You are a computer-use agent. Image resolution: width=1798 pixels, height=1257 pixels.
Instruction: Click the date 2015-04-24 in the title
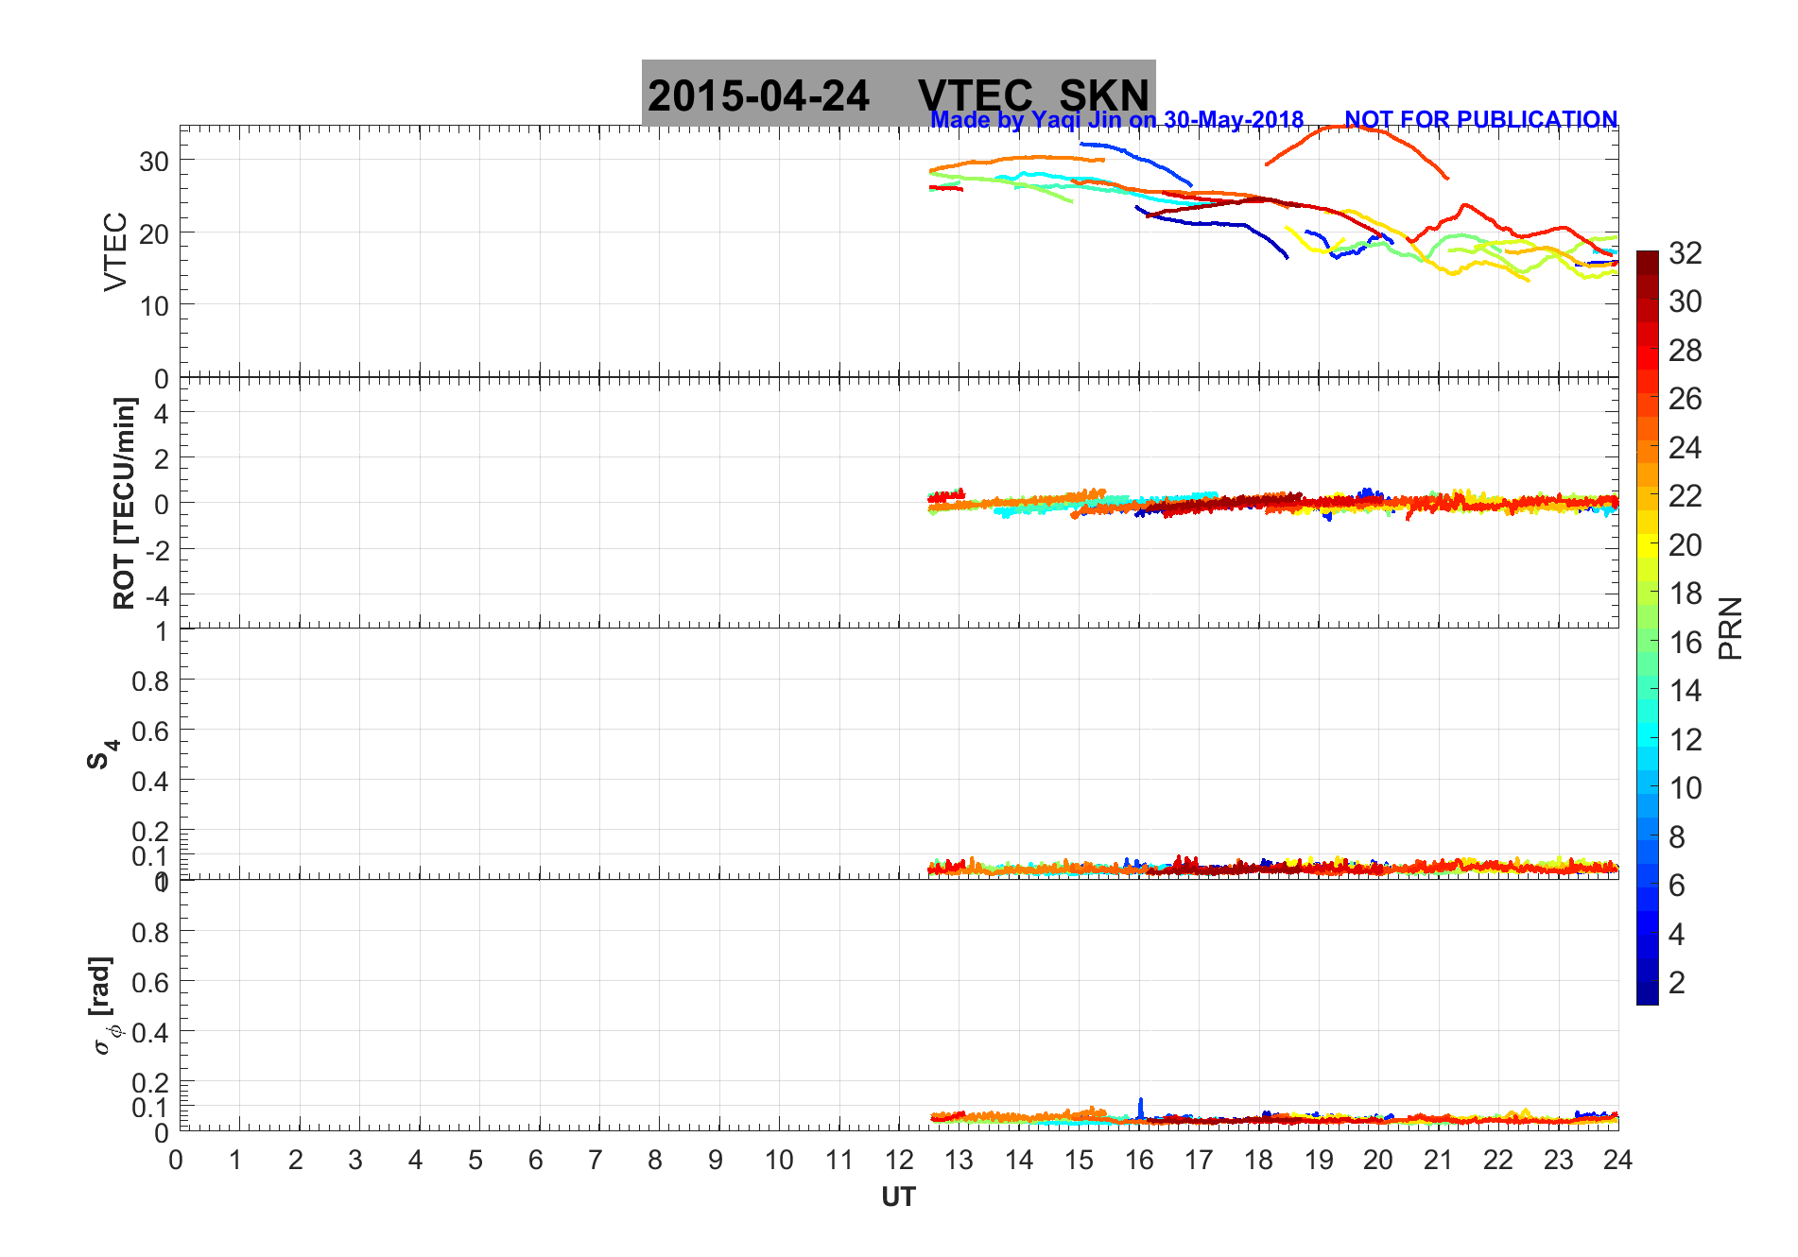pyautogui.click(x=758, y=95)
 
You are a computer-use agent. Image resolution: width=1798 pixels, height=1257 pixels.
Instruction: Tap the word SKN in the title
pyautogui.click(x=1104, y=95)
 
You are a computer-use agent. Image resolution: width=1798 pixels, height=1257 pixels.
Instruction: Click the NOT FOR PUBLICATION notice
pyautogui.click(x=1480, y=120)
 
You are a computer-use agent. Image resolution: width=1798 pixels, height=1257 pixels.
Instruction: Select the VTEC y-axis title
pyautogui.click(x=115, y=251)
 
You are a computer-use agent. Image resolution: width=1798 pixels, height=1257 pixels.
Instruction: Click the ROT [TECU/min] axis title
pyautogui.click(x=124, y=503)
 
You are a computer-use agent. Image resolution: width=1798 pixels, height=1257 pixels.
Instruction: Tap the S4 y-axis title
pyautogui.click(x=102, y=754)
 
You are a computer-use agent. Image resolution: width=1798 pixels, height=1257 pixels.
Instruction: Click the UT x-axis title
pyautogui.click(x=898, y=1197)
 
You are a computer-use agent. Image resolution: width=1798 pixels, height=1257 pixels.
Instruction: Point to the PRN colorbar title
pyautogui.click(x=1730, y=628)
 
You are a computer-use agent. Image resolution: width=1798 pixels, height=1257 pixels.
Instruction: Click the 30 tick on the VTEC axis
pyautogui.click(x=154, y=162)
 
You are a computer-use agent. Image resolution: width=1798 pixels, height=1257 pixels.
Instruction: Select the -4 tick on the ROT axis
pyautogui.click(x=156, y=596)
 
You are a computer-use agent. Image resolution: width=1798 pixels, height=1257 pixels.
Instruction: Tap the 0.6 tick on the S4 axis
pyautogui.click(x=149, y=731)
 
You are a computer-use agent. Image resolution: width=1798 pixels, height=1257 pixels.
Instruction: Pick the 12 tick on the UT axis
pyautogui.click(x=899, y=1160)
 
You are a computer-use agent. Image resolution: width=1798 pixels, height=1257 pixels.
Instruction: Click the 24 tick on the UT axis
pyautogui.click(x=1617, y=1160)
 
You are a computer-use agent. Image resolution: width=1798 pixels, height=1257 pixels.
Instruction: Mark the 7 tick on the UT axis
pyautogui.click(x=596, y=1160)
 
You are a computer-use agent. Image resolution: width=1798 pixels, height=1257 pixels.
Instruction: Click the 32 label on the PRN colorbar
pyautogui.click(x=1686, y=253)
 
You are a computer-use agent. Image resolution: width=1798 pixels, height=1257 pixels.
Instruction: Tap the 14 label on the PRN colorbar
pyautogui.click(x=1686, y=691)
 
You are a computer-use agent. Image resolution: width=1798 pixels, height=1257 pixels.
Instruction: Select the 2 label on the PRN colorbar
pyautogui.click(x=1677, y=983)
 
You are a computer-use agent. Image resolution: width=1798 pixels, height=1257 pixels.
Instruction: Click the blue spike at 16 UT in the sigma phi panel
pyautogui.click(x=1141, y=1106)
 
